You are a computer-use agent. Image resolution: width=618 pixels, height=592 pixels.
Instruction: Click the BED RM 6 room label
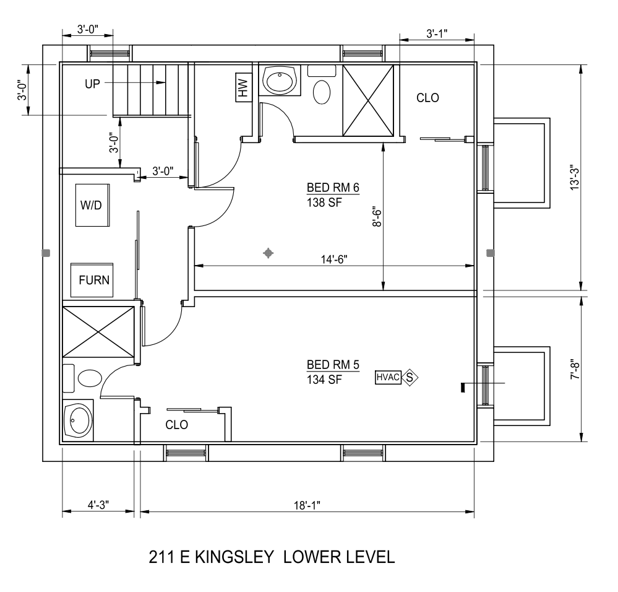point(333,188)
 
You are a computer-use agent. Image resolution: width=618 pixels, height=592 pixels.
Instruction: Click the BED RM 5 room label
point(333,365)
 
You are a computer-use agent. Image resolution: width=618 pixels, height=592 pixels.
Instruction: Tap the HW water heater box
point(244,87)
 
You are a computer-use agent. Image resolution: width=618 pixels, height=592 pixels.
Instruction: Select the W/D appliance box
point(92,205)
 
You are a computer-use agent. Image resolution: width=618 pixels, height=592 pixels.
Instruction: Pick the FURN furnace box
point(92,280)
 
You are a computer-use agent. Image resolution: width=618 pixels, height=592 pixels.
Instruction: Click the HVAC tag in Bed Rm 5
point(388,378)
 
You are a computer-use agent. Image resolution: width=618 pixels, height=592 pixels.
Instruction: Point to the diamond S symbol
point(410,378)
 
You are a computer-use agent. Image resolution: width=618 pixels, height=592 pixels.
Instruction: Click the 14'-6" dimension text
point(334,259)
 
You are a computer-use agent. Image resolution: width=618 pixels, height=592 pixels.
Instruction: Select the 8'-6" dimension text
point(377,217)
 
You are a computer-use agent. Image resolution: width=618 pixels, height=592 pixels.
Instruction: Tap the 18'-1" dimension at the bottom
point(307,505)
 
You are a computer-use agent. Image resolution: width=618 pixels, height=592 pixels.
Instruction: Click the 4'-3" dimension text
point(98,505)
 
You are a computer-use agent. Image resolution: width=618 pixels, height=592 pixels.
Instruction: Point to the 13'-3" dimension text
point(575,179)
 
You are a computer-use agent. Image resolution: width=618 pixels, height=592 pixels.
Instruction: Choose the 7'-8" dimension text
point(575,369)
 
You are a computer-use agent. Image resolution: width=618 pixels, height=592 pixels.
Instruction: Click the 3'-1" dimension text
point(437,33)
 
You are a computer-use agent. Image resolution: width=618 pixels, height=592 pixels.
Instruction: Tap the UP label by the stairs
point(93,84)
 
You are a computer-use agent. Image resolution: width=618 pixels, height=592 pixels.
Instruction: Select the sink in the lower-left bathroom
point(79,420)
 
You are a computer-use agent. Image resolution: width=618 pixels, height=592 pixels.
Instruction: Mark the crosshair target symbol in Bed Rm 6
point(268,253)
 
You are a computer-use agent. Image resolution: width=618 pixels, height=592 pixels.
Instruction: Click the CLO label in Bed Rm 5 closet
point(176,425)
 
